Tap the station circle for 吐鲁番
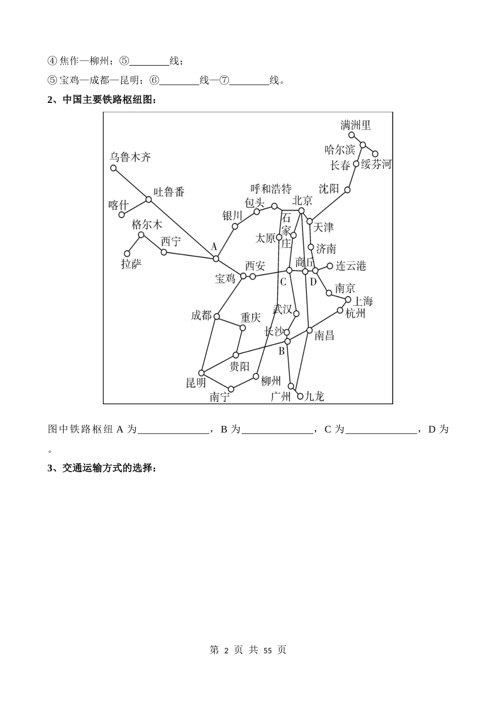coord(149,199)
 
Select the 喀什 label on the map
coord(118,204)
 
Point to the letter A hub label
coord(213,246)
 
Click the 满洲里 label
coord(356,125)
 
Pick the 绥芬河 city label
coord(376,165)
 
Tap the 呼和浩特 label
coord(271,189)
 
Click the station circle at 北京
coord(301,210)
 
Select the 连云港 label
coord(351,266)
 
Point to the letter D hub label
coord(313,282)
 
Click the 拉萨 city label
coord(131,264)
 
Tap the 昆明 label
coord(196,383)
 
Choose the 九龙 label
coord(314,396)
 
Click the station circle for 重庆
coord(242,328)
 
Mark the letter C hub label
coord(284,282)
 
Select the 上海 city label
coord(363,301)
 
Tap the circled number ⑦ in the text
coord(224,80)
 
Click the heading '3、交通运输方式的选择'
coord(102,468)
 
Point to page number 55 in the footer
coord(268,650)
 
